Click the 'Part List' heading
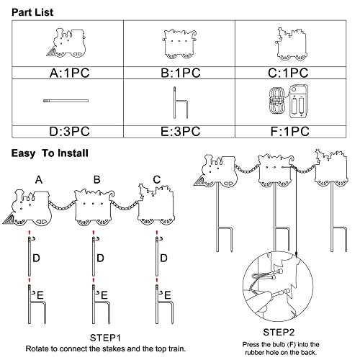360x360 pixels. click(x=32, y=12)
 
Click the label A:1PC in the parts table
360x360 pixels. click(x=70, y=73)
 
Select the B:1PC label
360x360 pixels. click(x=181, y=73)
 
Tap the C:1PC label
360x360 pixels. click(x=288, y=73)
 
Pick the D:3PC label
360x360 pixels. click(x=69, y=132)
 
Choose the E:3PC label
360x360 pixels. click(x=180, y=132)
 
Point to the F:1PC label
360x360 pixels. click(x=290, y=132)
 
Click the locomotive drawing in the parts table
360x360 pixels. click(x=66, y=43)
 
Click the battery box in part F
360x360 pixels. click(x=298, y=102)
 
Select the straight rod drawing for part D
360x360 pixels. click(x=66, y=101)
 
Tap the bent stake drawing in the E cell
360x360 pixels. click(x=181, y=103)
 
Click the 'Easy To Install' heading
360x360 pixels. click(x=50, y=153)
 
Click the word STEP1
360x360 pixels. click(x=105, y=338)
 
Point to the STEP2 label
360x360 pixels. click(x=279, y=333)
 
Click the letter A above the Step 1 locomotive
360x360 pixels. click(x=39, y=180)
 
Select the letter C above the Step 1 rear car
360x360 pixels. click(x=157, y=180)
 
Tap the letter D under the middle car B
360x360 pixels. click(x=100, y=258)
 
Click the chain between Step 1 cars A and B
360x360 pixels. click(x=62, y=206)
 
